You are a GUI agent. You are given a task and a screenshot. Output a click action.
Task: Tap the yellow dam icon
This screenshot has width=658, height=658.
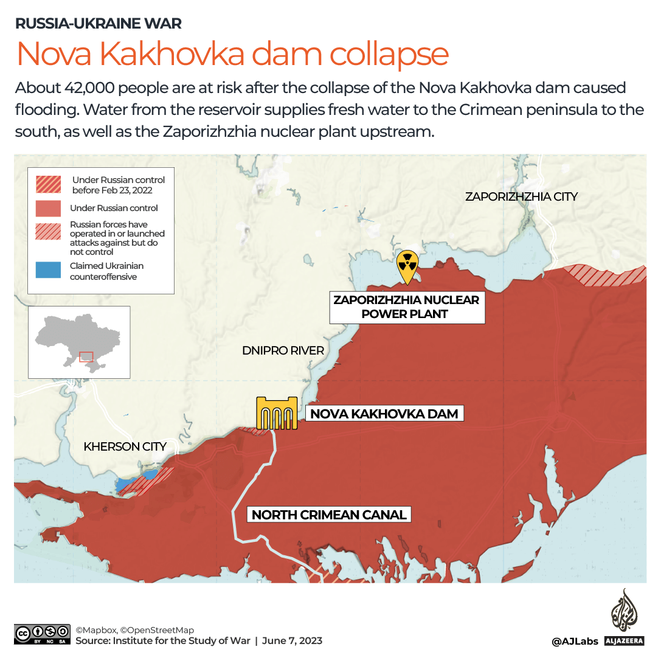tap(277, 414)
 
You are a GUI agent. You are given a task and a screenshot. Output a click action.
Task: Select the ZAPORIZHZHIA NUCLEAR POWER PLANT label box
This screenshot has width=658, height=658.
tap(407, 307)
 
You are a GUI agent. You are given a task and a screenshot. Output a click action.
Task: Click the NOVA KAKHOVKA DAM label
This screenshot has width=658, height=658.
tap(384, 414)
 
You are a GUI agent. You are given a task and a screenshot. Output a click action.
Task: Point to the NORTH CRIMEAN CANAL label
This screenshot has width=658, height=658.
tap(329, 514)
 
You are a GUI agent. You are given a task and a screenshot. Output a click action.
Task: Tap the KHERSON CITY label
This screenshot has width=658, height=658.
tap(125, 446)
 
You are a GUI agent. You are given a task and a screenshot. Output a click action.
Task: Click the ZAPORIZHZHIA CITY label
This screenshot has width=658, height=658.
tap(521, 196)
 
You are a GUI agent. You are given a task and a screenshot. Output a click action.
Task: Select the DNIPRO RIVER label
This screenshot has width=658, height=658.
tap(283, 350)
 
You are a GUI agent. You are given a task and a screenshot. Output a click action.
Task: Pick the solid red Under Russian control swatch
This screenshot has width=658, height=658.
tap(48, 208)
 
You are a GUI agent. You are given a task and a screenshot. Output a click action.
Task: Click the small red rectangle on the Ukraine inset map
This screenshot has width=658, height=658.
tap(86, 356)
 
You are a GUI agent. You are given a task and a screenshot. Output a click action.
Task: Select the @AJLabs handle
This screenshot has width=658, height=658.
tap(575, 641)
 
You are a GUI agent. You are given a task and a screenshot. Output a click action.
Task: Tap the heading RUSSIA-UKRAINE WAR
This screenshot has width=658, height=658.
tap(99, 24)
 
